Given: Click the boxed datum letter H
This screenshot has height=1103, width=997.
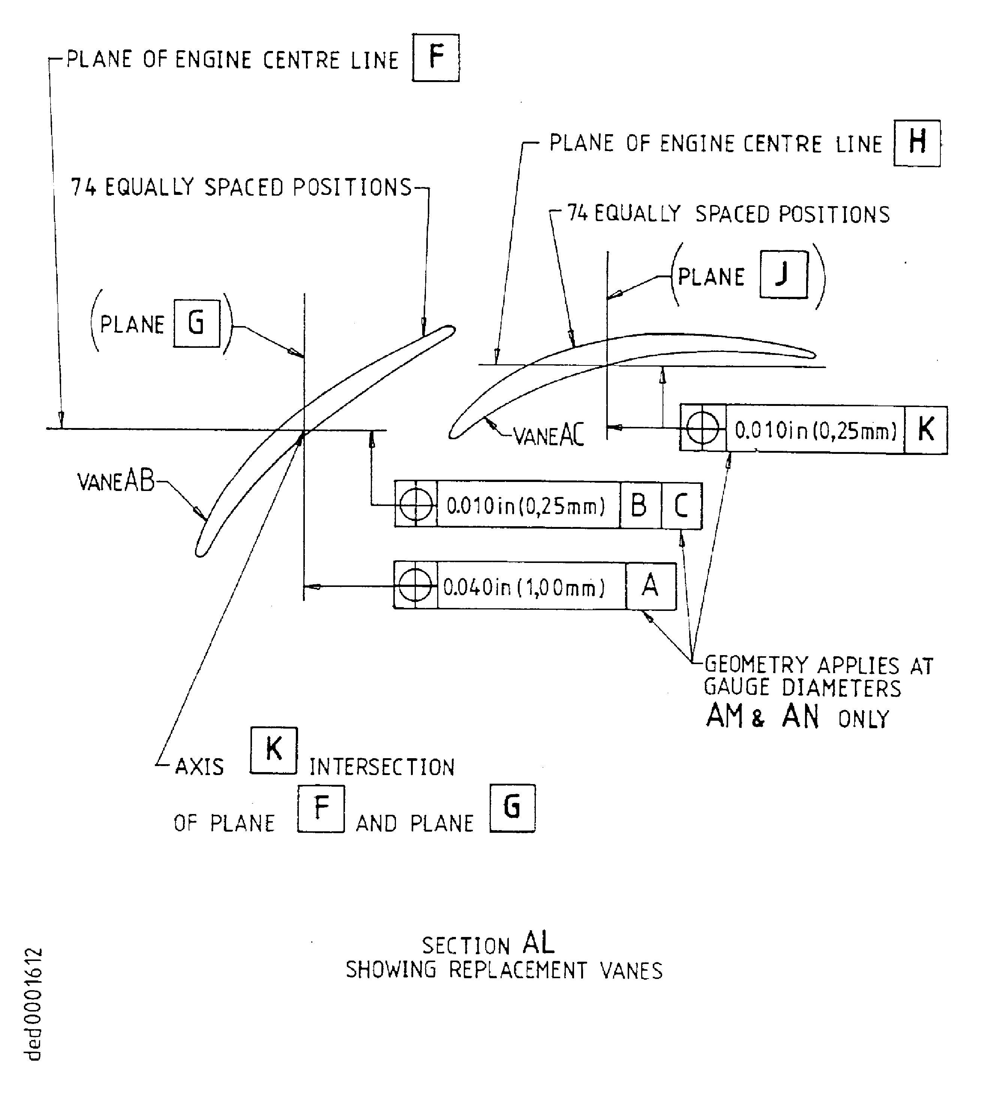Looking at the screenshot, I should pos(916,143).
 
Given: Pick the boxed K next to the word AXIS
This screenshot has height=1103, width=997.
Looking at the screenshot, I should pos(273,750).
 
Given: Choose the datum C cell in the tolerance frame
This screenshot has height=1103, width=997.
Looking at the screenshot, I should pos(681,506).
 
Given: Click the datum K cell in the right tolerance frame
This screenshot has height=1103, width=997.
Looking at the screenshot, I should pos(925,430).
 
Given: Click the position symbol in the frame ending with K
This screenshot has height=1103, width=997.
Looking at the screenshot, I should pos(702,428).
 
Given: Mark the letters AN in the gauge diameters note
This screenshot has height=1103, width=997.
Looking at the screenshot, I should pos(800,716).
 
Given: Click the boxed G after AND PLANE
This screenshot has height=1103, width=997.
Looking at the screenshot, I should pos(512,808).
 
